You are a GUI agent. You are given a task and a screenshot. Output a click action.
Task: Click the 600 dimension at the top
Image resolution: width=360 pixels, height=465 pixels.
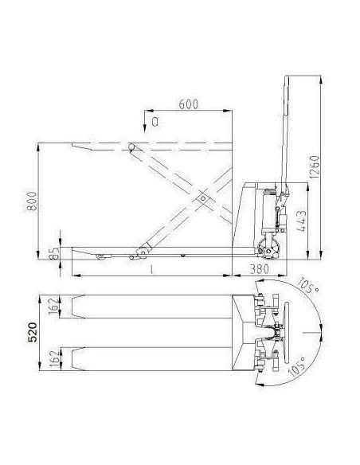click(188, 104)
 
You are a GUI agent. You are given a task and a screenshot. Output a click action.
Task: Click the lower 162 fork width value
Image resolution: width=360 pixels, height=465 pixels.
click(53, 359)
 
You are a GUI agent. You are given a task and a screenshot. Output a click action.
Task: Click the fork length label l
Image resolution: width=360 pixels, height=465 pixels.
click(151, 271)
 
